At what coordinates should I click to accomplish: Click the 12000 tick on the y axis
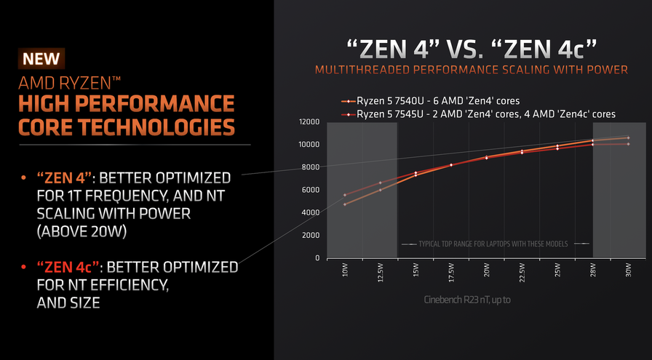click(309, 122)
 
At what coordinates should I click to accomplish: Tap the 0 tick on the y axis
click(318, 258)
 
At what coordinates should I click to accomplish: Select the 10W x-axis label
click(345, 272)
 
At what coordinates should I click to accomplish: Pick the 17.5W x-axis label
click(451, 275)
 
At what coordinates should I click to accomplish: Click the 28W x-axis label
click(592, 272)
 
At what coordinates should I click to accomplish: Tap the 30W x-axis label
click(628, 272)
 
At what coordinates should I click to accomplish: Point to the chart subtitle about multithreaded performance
click(472, 69)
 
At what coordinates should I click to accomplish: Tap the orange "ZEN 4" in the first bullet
click(63, 177)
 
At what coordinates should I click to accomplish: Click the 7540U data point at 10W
click(345, 204)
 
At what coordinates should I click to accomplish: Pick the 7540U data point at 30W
click(628, 137)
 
